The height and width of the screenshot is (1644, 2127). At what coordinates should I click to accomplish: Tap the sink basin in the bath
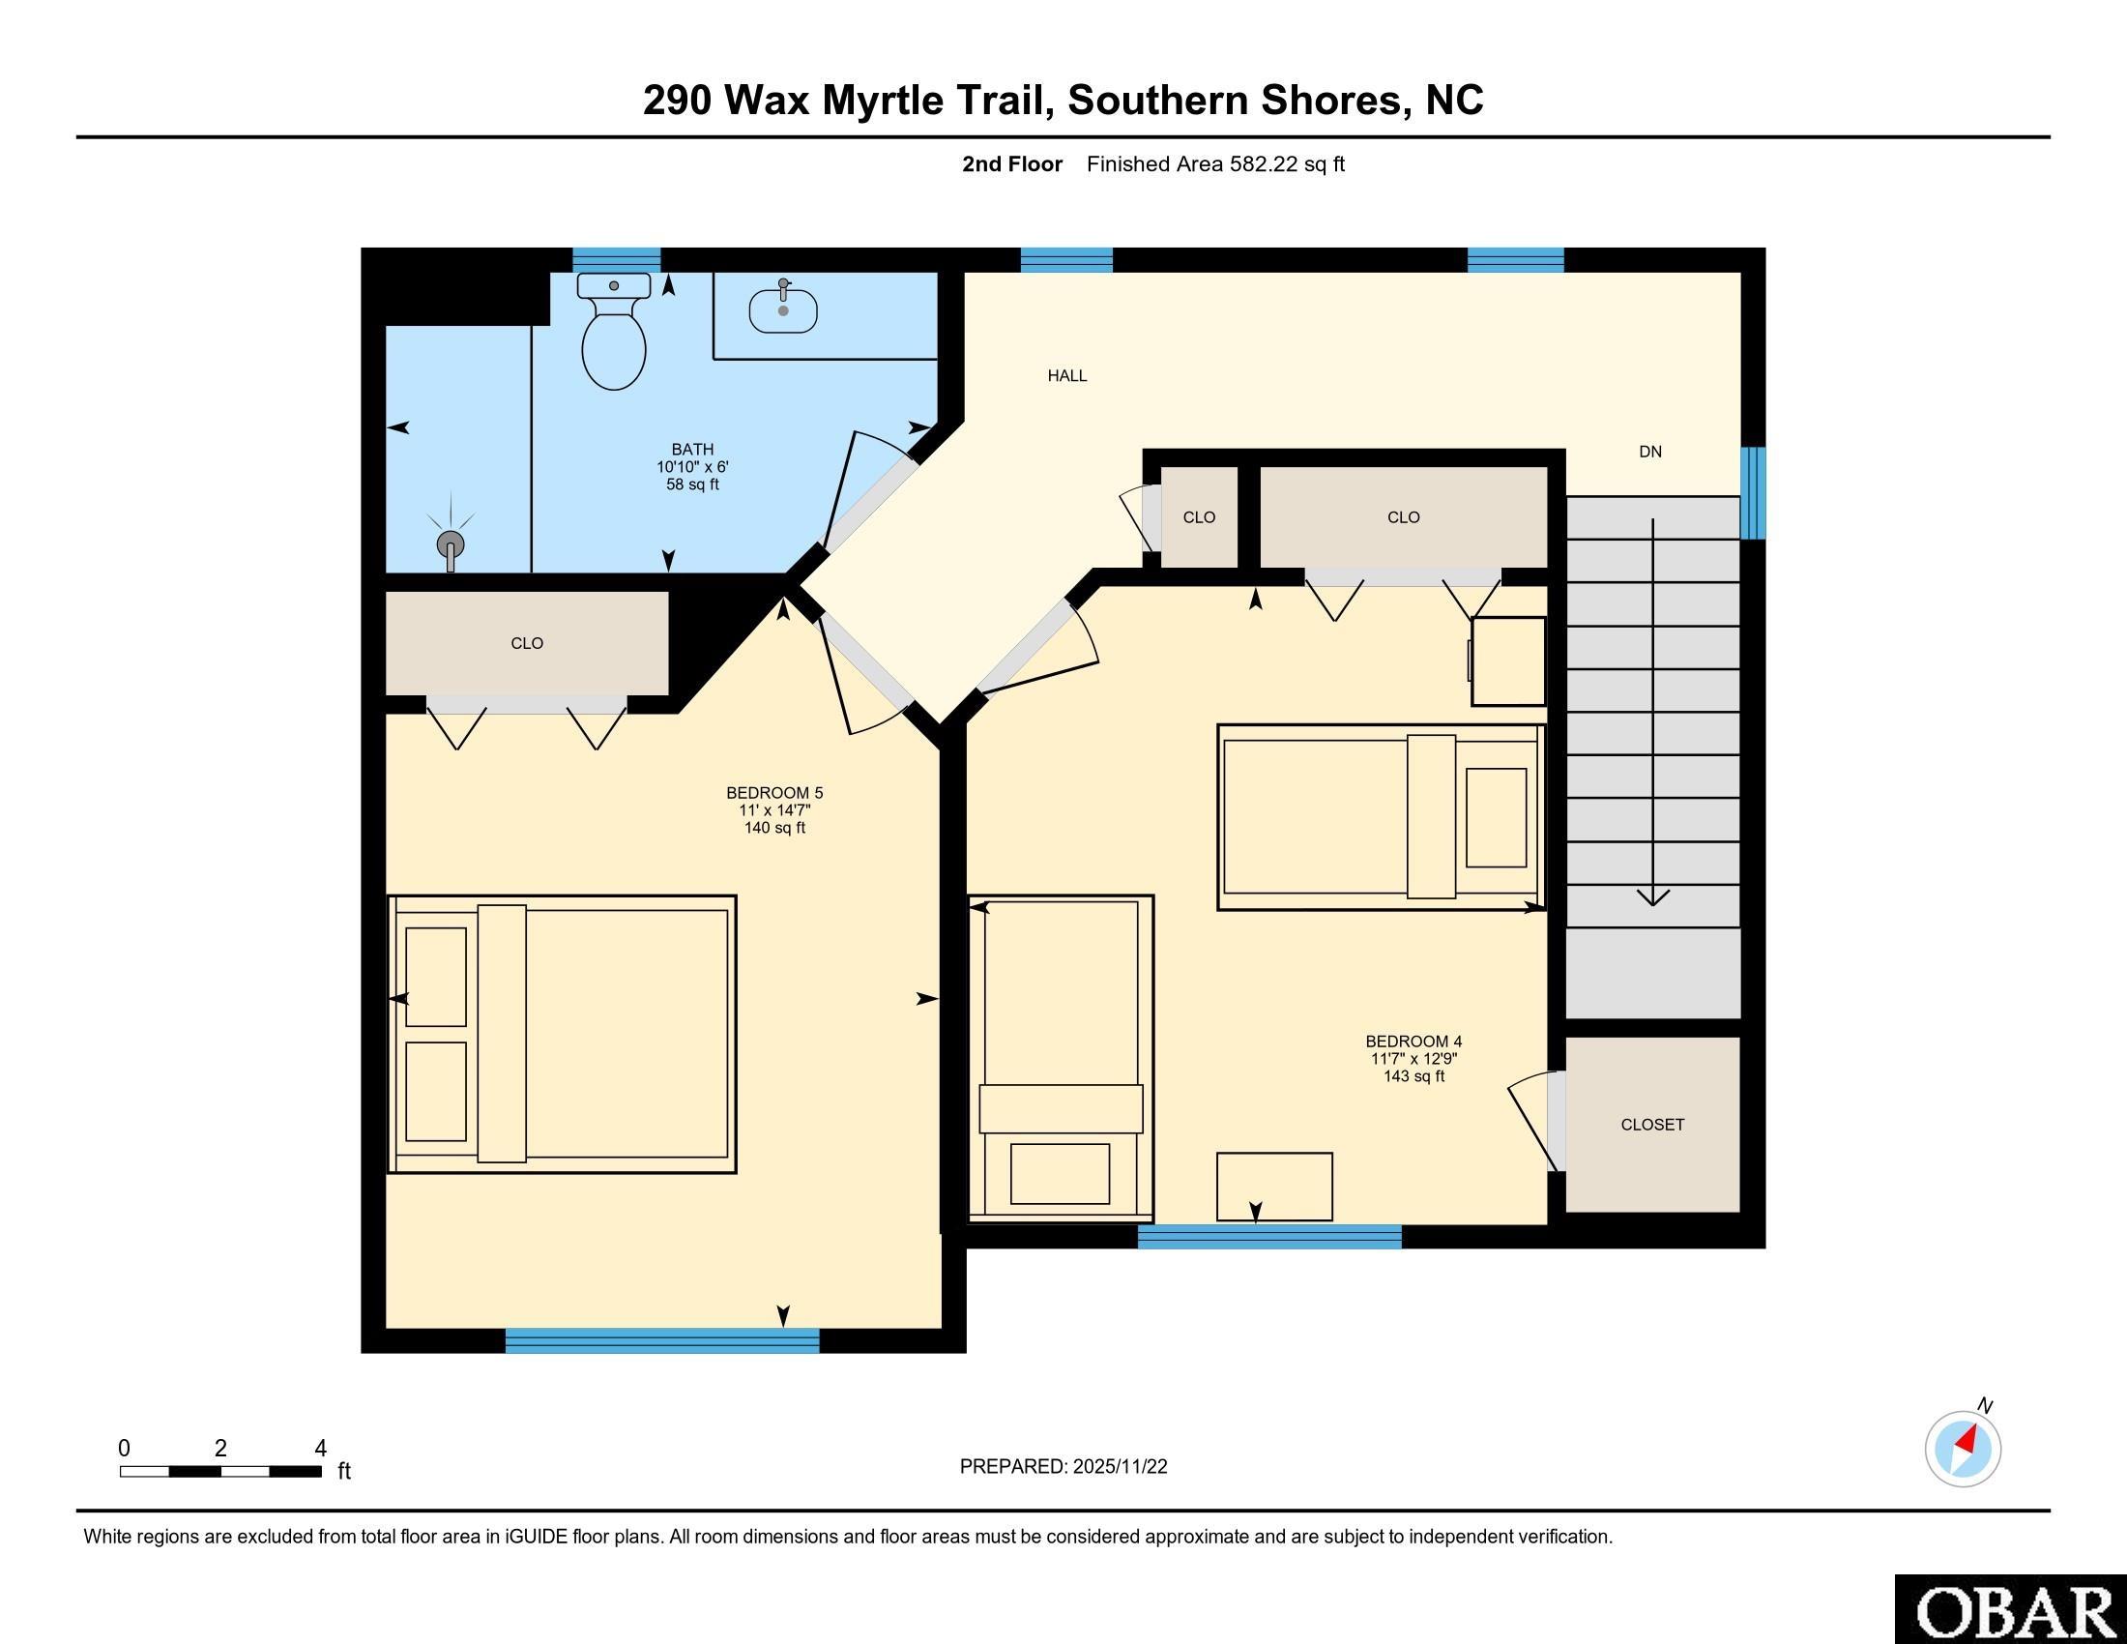click(783, 310)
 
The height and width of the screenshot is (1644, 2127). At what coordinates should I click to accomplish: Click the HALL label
click(1067, 376)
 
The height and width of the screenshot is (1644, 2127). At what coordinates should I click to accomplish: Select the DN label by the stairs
click(1649, 452)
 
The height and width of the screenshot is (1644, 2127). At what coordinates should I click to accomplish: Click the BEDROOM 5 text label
click(774, 793)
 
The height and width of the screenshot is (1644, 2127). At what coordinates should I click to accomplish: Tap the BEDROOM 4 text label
click(1414, 1041)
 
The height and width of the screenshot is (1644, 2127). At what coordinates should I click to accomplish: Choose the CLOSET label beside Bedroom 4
click(1652, 1125)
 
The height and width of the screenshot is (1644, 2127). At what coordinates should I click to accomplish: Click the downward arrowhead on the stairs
click(1652, 896)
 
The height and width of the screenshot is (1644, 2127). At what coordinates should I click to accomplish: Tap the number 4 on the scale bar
click(320, 1449)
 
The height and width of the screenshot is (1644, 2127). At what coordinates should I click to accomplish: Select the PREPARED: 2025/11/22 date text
click(1063, 1467)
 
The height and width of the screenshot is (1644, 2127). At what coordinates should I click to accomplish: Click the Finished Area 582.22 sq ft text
click(1215, 164)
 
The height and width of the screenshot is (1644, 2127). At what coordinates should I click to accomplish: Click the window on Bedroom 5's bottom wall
click(662, 1341)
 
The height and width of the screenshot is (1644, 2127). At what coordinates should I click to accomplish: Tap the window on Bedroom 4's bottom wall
click(1270, 1237)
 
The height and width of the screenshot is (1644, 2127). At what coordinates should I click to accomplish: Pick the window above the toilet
click(617, 260)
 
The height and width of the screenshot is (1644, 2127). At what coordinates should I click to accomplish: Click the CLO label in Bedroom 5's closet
click(527, 644)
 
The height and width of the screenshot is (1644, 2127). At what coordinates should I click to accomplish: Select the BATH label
click(692, 450)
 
